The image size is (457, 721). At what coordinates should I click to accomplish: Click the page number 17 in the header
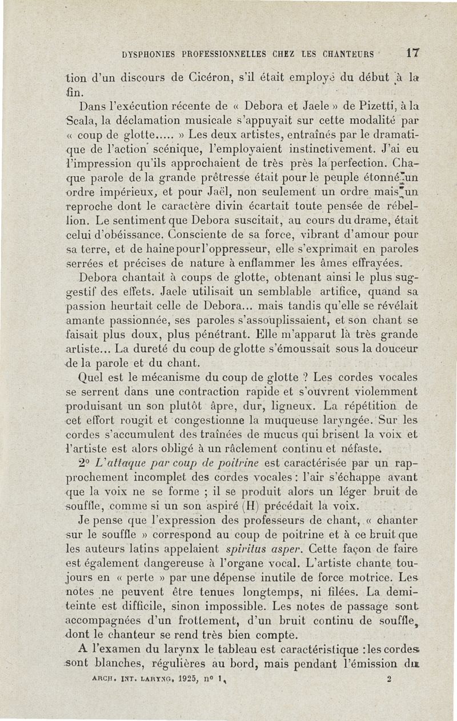pyautogui.click(x=413, y=54)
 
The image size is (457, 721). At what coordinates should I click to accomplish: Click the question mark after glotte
pyautogui.click(x=306, y=377)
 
